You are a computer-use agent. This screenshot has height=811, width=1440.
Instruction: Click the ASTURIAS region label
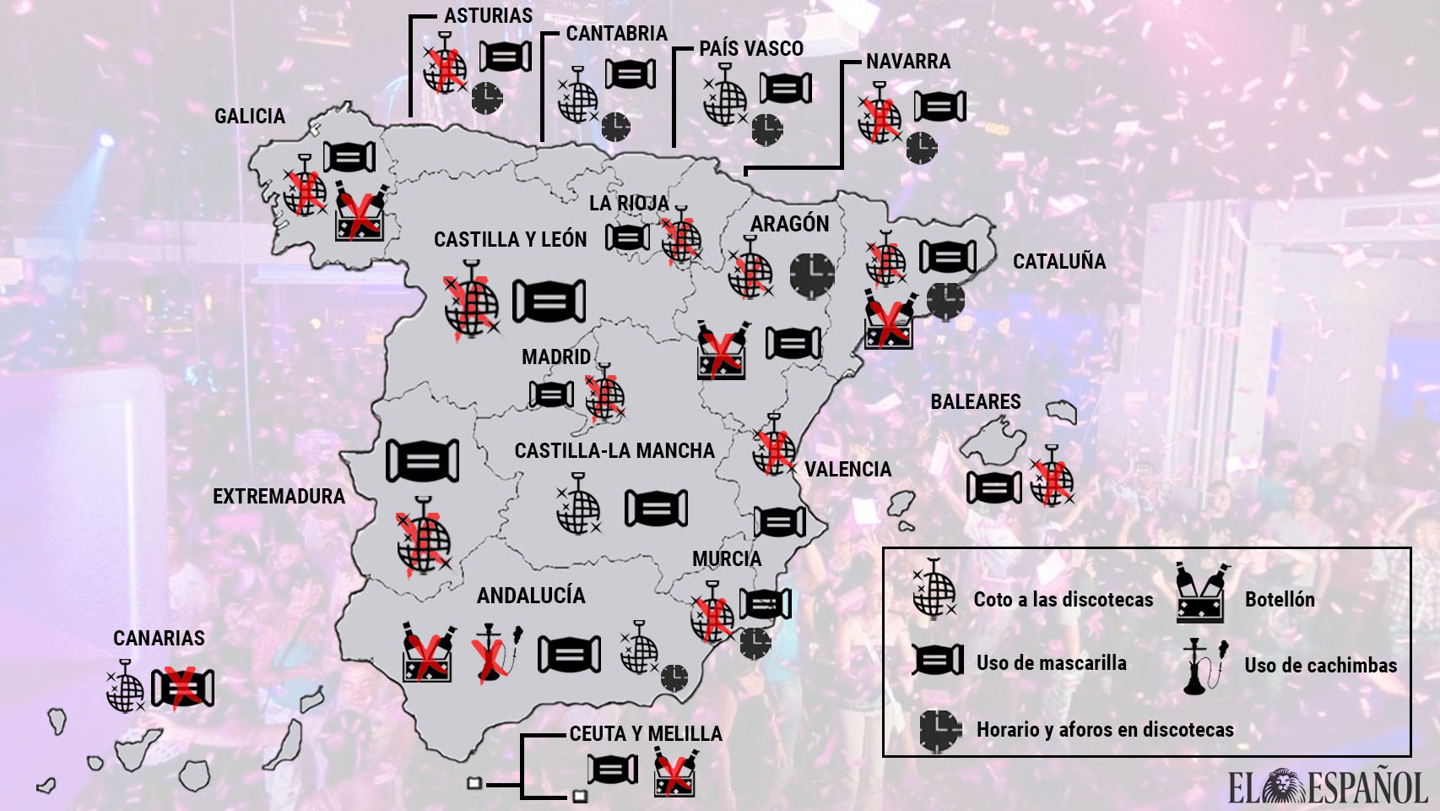coord(488,16)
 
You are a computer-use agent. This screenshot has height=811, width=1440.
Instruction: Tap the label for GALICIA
coord(249,116)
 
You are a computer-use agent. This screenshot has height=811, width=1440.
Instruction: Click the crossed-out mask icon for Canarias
coord(182,688)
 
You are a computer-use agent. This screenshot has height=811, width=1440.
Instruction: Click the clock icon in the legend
coord(939,730)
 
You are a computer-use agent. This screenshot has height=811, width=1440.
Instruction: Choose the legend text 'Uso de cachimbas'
coord(1320,666)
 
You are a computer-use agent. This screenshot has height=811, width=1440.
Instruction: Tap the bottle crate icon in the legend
coord(1202,593)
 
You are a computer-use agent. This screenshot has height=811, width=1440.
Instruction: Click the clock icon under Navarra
coord(922,148)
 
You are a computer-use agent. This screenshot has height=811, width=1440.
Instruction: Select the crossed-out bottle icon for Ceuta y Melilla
coord(674,772)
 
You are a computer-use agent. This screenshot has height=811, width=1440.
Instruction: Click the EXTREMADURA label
coord(279,497)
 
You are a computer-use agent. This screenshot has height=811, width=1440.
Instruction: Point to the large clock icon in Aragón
coord(812,275)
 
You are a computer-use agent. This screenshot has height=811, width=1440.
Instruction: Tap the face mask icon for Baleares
coord(993,487)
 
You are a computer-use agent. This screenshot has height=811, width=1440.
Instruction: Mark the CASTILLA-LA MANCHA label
coord(614,451)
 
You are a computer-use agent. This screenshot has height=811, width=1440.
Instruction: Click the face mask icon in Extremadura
coord(422,460)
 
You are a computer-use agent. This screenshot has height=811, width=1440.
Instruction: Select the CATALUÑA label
coord(1058,262)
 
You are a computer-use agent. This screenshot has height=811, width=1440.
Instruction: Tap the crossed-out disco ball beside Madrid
coord(604,395)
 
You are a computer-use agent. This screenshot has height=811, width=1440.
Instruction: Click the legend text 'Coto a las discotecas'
coord(1063,600)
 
